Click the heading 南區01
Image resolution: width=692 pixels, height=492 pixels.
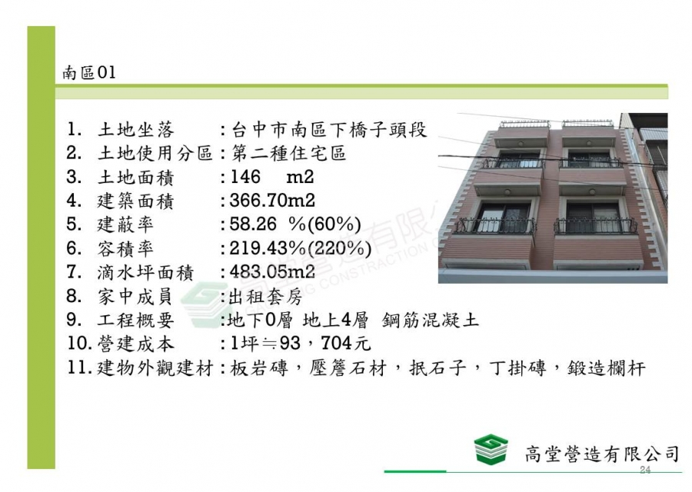pos(89,72)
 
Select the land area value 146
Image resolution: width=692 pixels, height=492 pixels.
pos(245,177)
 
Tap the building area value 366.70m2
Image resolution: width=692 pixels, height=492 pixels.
pos(272,201)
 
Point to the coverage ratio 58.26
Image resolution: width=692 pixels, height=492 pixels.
pos(252,224)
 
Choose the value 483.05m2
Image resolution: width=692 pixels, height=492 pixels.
pos(272,272)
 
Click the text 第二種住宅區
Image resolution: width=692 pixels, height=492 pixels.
pos(288,154)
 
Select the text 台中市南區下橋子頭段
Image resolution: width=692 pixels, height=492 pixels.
pos(329,130)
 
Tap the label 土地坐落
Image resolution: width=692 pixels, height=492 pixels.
pos(136,130)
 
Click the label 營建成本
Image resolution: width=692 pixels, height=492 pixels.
pos(136,344)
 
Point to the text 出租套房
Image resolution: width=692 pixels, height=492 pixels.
pos(266,297)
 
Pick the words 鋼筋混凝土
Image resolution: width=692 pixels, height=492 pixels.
pos(431,320)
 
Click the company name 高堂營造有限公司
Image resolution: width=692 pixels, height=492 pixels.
pos(602,454)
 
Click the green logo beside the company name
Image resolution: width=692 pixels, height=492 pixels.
pos(491,448)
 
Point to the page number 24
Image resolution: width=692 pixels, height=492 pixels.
pos(645,470)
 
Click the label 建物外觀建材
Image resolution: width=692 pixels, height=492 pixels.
pos(155,367)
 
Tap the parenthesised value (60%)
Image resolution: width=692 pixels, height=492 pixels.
pos(334,224)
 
